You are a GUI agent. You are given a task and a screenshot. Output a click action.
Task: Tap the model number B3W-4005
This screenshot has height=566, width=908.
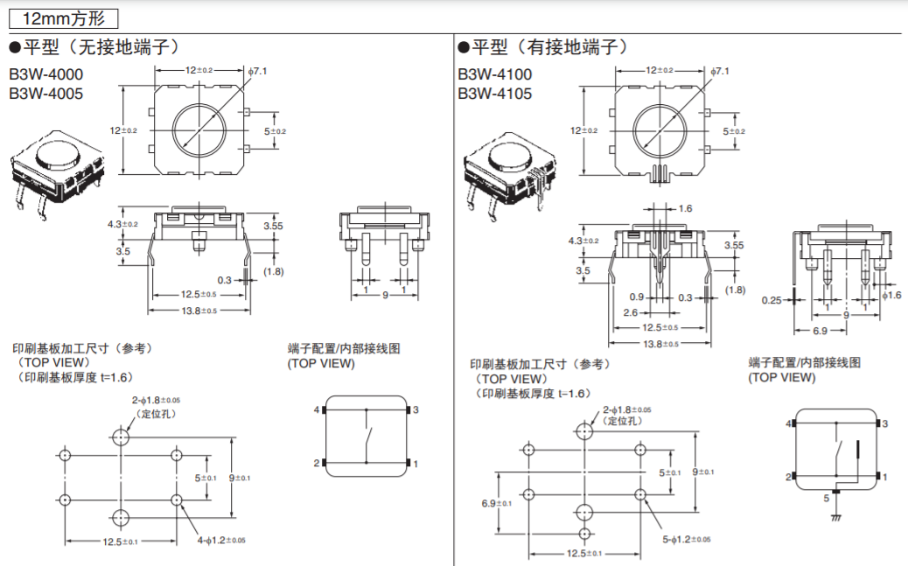(x=46, y=93)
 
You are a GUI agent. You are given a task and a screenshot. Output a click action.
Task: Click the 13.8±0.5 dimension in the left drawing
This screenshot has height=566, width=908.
(x=199, y=311)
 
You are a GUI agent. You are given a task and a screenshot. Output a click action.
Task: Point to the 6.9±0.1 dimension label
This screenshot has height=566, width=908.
(x=496, y=503)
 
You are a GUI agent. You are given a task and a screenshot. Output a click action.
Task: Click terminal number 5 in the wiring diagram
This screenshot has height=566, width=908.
(x=827, y=499)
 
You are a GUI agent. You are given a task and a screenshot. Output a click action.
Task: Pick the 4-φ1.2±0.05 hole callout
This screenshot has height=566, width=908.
(x=221, y=541)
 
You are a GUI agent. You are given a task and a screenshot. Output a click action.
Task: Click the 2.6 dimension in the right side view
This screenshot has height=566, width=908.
(x=631, y=312)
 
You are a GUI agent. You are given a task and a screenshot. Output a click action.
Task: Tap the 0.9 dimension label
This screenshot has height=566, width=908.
(x=636, y=297)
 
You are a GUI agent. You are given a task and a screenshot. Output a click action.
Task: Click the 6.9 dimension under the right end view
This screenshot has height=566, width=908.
(x=821, y=332)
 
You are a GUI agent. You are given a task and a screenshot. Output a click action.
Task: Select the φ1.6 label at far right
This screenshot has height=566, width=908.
(x=891, y=296)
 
